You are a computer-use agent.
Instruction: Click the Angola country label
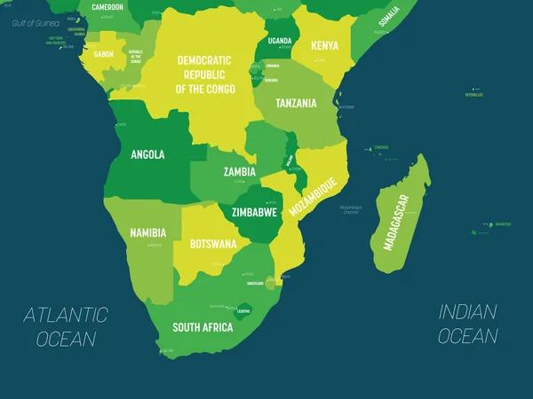click(x=147, y=154)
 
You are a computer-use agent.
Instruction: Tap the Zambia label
click(x=240, y=172)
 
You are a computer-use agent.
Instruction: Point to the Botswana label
click(x=213, y=243)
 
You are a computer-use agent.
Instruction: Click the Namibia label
click(x=147, y=232)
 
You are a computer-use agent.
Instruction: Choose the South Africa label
click(x=203, y=327)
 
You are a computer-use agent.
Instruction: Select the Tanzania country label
click(x=296, y=103)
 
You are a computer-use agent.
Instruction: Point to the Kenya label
click(x=323, y=45)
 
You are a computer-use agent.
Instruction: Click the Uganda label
click(x=280, y=41)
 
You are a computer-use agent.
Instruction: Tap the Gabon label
click(x=103, y=54)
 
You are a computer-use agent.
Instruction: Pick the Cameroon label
click(x=107, y=6)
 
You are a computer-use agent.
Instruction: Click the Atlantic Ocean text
click(x=66, y=326)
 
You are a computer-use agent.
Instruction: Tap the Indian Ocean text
click(x=468, y=324)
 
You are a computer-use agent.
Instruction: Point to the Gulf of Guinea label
click(x=28, y=22)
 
